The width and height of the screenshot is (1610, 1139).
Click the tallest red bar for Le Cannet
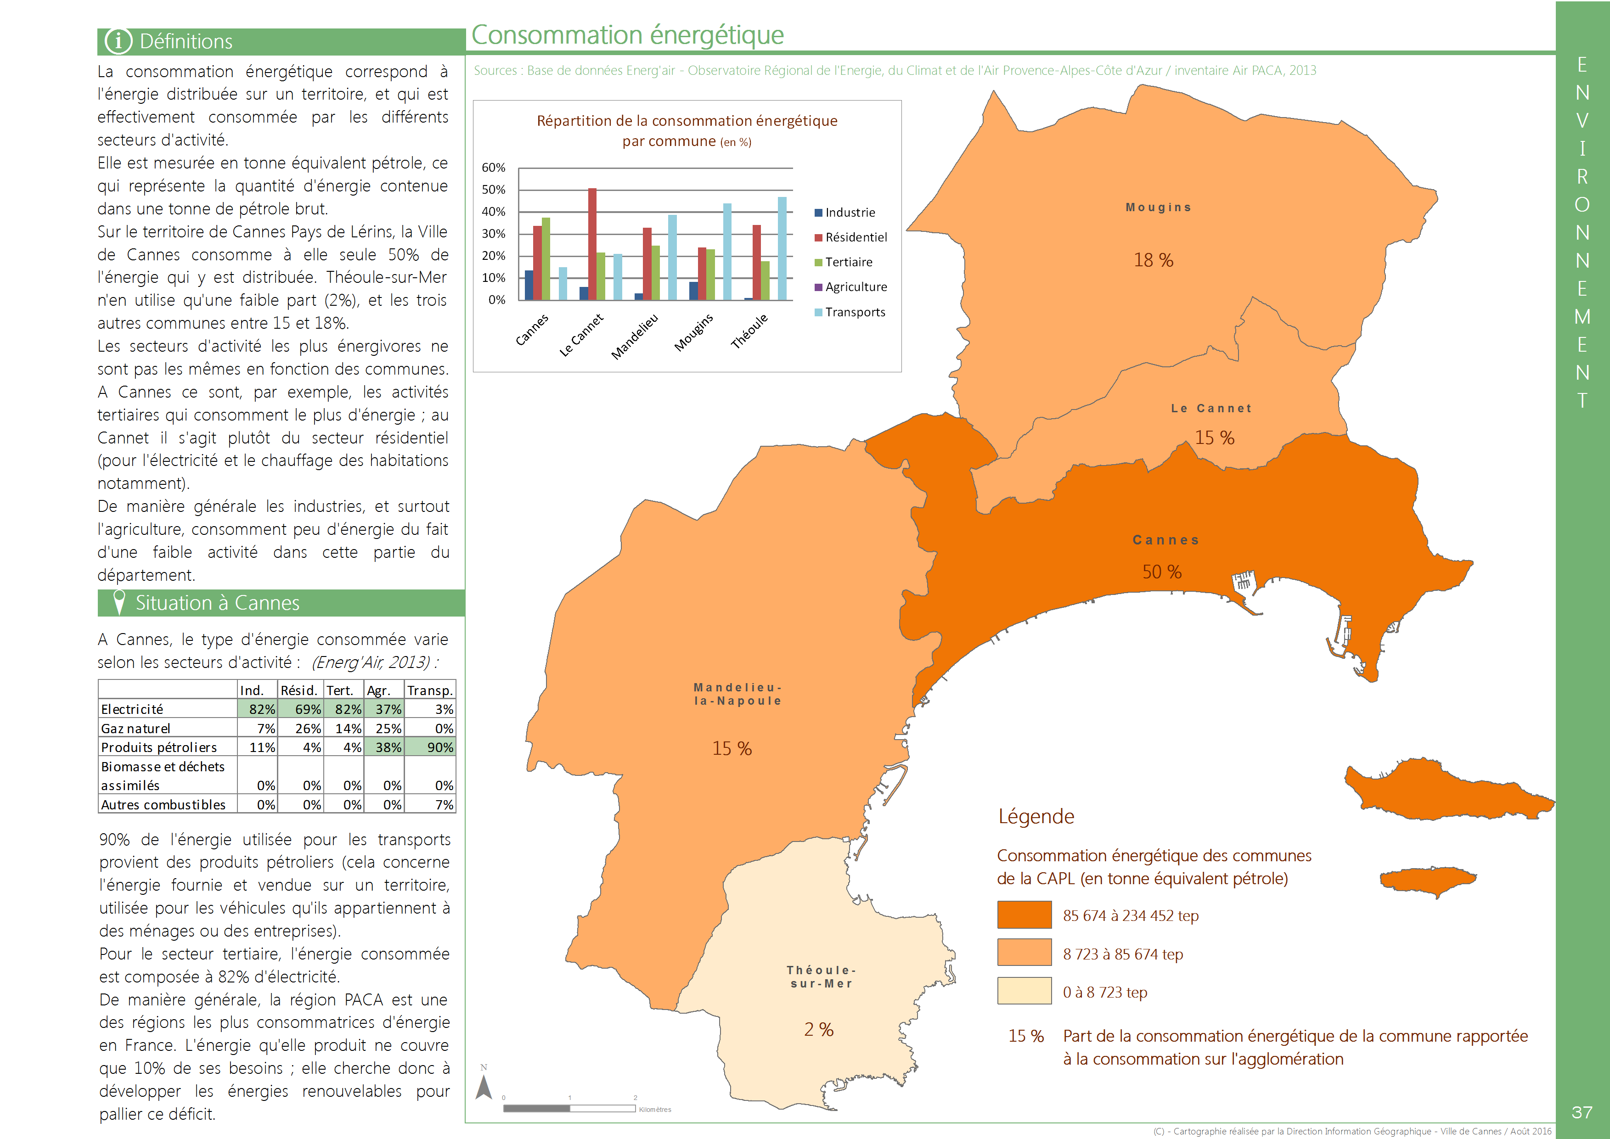[x=592, y=244]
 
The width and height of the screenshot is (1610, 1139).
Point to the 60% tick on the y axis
[x=493, y=168]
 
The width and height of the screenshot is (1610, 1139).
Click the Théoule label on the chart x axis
[x=749, y=331]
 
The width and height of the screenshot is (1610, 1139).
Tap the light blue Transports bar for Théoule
[x=782, y=248]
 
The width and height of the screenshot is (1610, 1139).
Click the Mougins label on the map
[x=1158, y=208]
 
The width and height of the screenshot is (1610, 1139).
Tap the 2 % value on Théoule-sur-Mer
[x=819, y=1030]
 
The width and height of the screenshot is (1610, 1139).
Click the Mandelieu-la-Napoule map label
[x=737, y=694]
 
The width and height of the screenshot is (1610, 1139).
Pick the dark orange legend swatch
[x=1024, y=915]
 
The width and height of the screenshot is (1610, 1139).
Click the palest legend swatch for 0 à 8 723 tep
[x=1024, y=991]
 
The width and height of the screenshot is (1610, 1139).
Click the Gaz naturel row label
[x=135, y=729]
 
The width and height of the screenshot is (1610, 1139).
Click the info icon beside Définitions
[x=118, y=41]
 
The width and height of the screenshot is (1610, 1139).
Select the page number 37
[x=1582, y=1112]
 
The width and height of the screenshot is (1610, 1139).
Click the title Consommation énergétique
[x=627, y=35]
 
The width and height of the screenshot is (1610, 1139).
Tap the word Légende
[x=1036, y=816]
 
